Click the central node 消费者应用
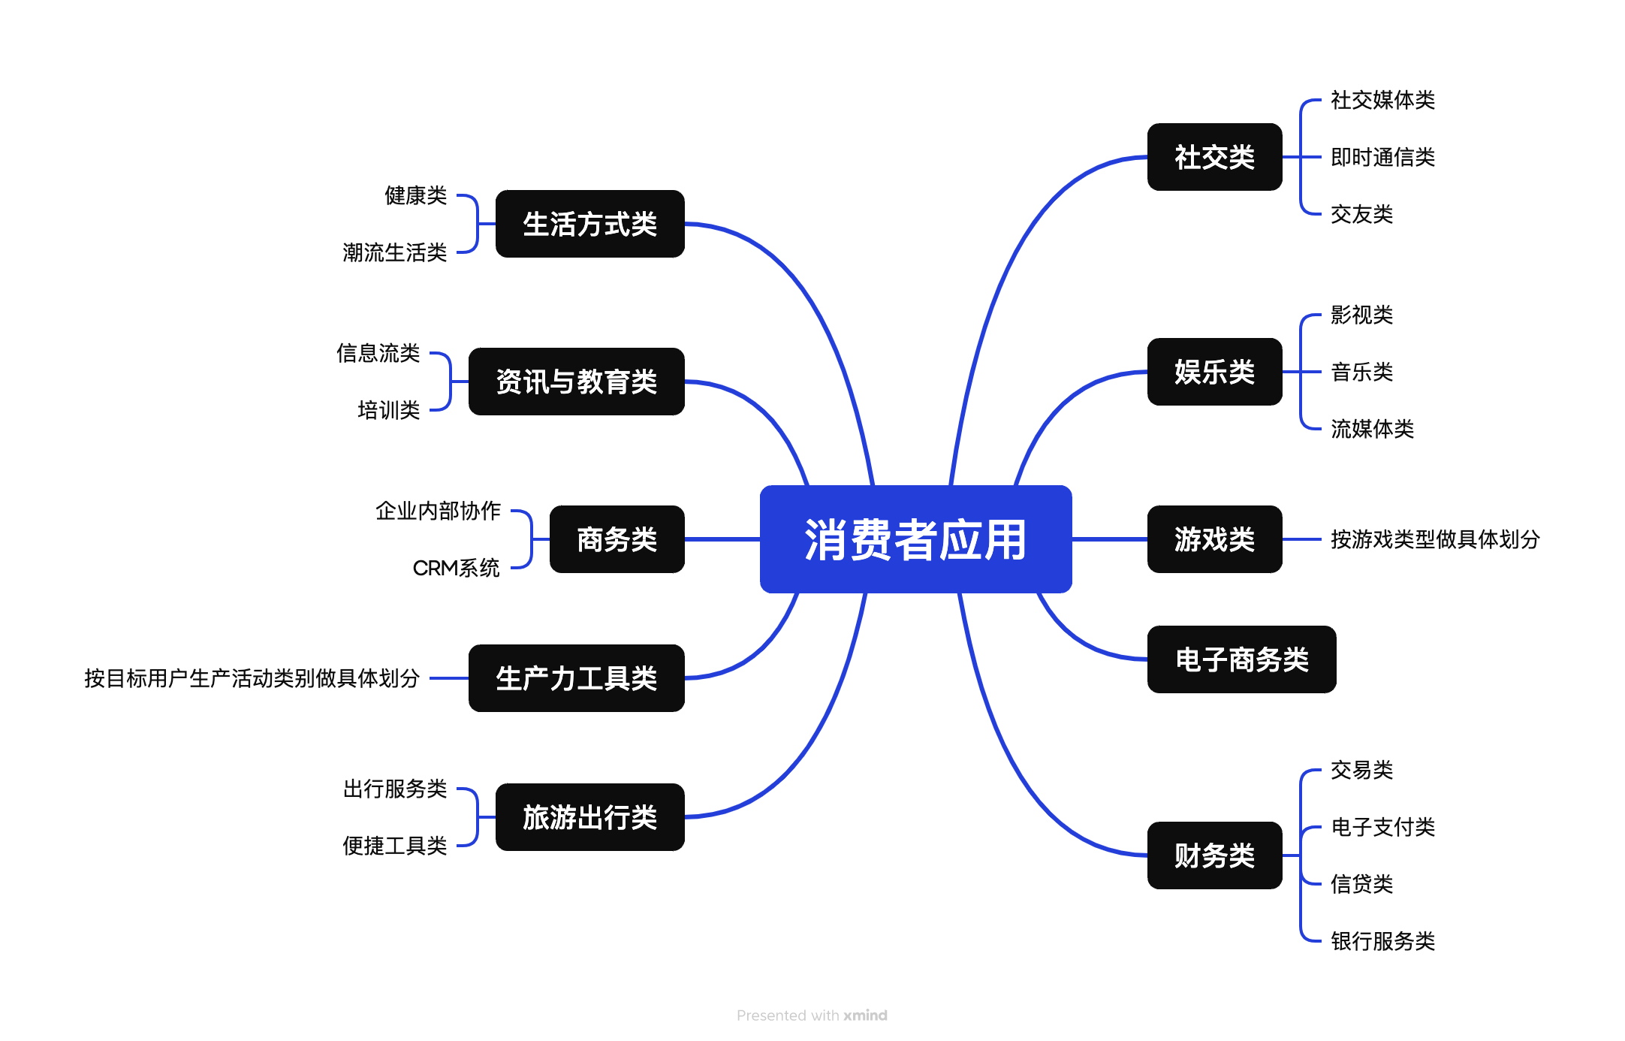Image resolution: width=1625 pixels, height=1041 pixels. coord(915,539)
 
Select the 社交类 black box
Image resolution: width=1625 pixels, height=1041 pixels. coord(1214,157)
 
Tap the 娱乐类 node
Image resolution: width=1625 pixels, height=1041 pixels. coord(1214,372)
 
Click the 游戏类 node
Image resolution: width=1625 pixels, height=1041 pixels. coord(1214,539)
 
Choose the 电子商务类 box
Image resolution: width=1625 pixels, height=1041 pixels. coord(1241,659)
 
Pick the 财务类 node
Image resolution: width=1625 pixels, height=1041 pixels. coord(1214,855)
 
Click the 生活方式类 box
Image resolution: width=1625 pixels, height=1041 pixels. coord(589,224)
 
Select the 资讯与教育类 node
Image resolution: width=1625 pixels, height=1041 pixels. coord(576,382)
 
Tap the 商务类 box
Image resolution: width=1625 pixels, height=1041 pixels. coord(617,539)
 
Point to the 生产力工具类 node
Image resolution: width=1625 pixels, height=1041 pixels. coord(576,678)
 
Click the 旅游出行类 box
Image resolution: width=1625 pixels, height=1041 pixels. coord(589,817)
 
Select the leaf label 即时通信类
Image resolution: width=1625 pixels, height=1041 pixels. coord(1382,157)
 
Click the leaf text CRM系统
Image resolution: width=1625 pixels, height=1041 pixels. coord(456,568)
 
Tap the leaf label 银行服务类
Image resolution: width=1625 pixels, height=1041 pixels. coord(1382,941)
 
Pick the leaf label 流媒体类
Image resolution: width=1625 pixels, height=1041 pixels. coord(1372,429)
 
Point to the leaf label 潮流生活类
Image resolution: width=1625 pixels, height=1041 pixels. coord(394,252)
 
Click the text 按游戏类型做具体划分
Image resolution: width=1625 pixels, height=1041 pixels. coord(1435,539)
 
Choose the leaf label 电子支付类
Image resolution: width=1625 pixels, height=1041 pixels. coord(1382,827)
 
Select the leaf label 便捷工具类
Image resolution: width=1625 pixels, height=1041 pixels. coord(394,846)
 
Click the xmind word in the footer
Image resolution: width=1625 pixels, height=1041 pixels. coord(865,1015)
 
